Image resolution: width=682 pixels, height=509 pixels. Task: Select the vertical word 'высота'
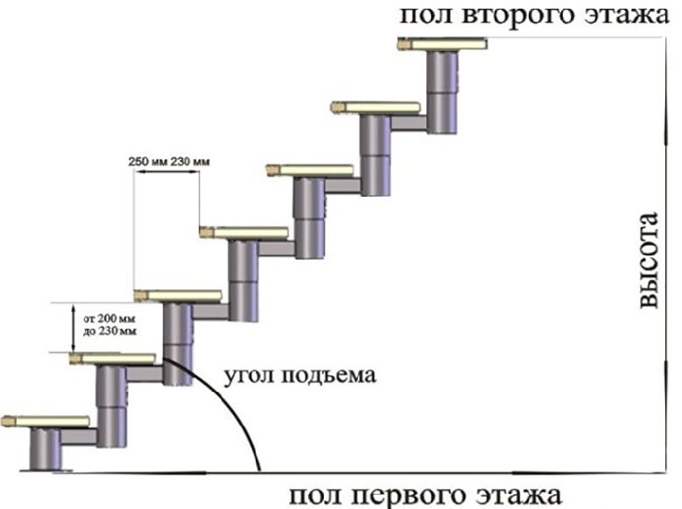pos(650,260)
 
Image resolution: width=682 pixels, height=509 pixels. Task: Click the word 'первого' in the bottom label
pos(410,495)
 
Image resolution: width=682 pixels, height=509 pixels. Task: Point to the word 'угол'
pos(249,375)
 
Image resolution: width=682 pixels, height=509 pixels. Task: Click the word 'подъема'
pos(329,374)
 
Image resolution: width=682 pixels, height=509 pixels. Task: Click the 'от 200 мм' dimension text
pos(109,318)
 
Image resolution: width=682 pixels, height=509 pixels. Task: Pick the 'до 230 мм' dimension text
pos(109,331)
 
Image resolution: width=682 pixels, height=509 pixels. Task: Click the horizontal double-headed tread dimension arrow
pos(166,172)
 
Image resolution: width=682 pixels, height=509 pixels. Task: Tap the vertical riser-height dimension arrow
pos(74,327)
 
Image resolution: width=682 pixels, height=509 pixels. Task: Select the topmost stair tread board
pos(442,44)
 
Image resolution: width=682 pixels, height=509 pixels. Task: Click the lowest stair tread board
pos(46,422)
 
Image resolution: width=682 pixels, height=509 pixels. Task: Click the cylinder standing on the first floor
pos(46,449)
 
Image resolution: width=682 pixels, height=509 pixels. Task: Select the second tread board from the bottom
pos(113,359)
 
